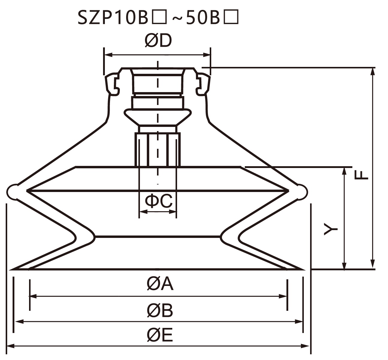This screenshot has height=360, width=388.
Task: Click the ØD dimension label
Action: tap(158, 41)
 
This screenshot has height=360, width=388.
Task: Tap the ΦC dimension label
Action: tap(159, 201)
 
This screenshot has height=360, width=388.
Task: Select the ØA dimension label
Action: tap(160, 284)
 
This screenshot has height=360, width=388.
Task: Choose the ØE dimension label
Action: tap(160, 335)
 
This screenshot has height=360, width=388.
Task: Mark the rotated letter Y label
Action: tap(331, 229)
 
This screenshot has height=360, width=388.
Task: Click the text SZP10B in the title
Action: tap(113, 18)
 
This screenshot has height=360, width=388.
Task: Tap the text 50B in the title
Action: tap(203, 18)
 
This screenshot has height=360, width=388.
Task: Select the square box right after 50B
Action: tap(231, 17)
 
